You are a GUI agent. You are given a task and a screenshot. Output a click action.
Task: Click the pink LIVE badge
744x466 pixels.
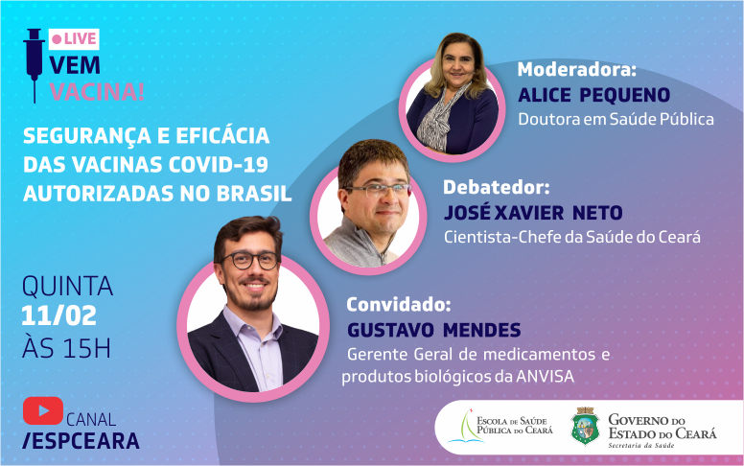[x=74, y=39]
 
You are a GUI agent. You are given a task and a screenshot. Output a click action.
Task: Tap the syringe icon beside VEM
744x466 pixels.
[x=34, y=65]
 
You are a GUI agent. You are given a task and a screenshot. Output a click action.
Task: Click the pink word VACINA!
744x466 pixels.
[x=97, y=91]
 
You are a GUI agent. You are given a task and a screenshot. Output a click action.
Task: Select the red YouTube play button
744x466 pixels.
[x=43, y=410]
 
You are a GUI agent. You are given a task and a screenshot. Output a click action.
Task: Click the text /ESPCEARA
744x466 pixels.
[x=81, y=441]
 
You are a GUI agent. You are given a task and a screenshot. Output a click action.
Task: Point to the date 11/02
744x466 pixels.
[x=58, y=315]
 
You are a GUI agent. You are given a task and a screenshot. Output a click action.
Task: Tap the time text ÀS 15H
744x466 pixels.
[x=66, y=348]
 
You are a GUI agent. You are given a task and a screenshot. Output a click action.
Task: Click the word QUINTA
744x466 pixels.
[x=67, y=286]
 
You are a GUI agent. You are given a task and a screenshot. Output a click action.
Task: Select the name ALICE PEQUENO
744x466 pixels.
[x=594, y=95]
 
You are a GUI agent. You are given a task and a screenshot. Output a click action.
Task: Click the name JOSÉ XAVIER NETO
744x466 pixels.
[x=533, y=212]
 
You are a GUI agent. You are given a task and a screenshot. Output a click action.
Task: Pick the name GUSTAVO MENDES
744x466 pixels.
[x=434, y=330]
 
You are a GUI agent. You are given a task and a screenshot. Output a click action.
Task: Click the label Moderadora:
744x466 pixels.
[x=577, y=70]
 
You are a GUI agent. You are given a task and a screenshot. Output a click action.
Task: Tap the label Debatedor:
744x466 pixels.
[x=497, y=187]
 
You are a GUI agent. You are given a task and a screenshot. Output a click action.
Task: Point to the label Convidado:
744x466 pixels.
[x=399, y=304]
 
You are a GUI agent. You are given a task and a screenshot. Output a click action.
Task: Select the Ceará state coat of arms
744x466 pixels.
[x=585, y=426]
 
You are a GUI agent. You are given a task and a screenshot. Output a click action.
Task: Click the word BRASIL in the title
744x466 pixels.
[x=254, y=194]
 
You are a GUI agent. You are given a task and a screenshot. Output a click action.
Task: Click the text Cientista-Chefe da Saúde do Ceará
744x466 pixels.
[x=572, y=237]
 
